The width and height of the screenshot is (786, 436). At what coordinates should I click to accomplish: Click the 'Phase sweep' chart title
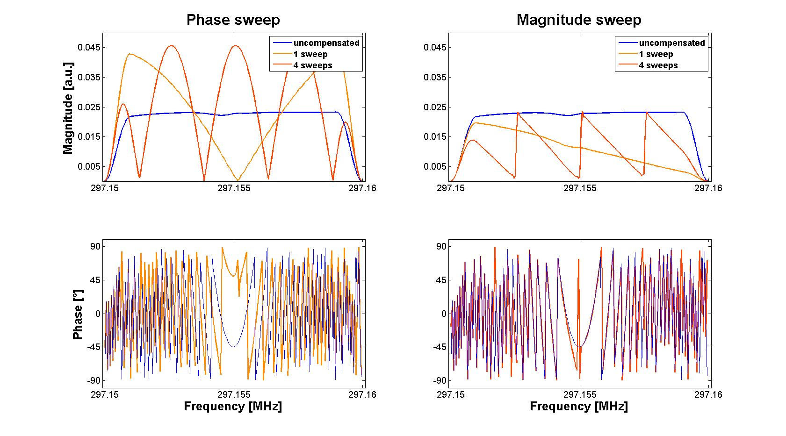[233, 20]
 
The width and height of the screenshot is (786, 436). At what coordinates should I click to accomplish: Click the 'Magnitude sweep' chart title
[579, 20]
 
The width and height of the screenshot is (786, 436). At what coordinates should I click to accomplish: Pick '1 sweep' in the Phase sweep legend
[310, 54]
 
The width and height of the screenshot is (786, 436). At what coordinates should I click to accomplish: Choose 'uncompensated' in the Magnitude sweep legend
[671, 43]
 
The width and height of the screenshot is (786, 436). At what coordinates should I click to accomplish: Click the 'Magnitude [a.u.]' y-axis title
[68, 107]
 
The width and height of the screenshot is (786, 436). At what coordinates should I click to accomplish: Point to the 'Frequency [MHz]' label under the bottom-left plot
[233, 406]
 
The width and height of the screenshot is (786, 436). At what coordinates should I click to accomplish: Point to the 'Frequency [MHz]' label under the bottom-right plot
[579, 406]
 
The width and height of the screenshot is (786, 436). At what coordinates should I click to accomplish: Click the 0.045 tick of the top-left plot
[89, 48]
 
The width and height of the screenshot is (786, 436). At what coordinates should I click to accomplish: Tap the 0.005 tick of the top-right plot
[435, 166]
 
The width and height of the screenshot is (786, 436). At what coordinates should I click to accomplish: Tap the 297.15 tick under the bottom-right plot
[451, 395]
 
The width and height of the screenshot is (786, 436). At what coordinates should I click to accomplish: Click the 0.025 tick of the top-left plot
[89, 107]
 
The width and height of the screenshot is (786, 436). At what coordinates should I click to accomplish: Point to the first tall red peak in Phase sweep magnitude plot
[172, 45]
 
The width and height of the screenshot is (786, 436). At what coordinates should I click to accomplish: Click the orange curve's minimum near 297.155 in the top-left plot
[238, 180]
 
